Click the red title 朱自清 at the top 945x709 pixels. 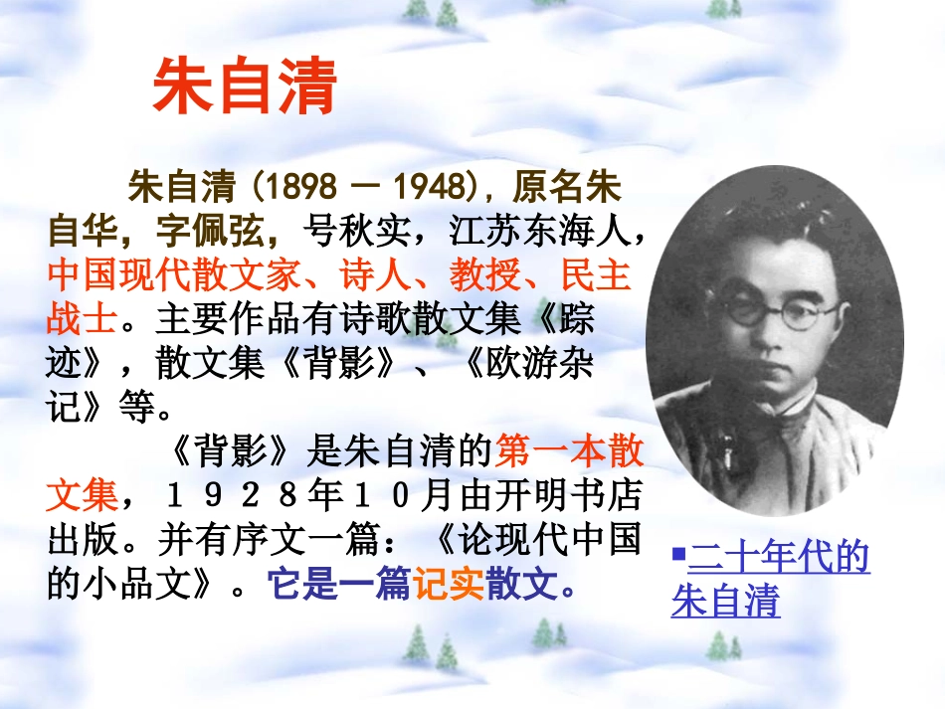pyautogui.click(x=245, y=88)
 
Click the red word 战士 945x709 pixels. pyautogui.click(x=83, y=319)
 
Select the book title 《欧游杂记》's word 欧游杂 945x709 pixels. pyautogui.click(x=539, y=364)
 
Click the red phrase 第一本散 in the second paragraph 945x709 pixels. pyautogui.click(x=568, y=452)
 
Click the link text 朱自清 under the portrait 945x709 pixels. pyautogui.click(x=725, y=602)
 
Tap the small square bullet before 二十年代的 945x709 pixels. pyautogui.click(x=677, y=552)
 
